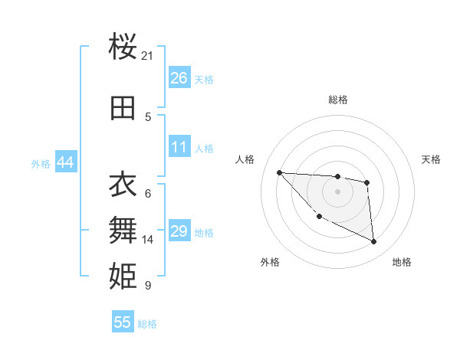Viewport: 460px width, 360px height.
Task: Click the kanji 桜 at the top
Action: coord(123,48)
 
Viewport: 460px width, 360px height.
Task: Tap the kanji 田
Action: coord(123,109)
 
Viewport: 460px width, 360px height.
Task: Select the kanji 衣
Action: coord(123,185)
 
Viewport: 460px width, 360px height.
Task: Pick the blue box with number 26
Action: coord(179,77)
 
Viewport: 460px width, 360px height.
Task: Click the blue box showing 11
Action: coord(179,147)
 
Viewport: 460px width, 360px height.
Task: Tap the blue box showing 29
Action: coord(179,231)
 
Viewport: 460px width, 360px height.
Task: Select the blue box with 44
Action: coord(65,162)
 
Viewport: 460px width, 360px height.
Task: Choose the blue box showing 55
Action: coord(123,322)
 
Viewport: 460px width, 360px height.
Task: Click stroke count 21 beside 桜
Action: coord(148,56)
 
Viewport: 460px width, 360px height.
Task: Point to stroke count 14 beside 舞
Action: coord(148,240)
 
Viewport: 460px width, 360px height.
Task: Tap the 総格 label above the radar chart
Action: coord(338,100)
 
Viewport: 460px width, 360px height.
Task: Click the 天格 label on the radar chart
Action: coord(432,159)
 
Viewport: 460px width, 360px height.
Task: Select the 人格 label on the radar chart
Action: coord(245,159)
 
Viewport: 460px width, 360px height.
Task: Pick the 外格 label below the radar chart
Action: coord(270,262)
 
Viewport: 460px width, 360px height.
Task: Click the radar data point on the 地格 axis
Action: coord(374,242)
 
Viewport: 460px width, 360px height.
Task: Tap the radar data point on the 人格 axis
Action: coord(279,172)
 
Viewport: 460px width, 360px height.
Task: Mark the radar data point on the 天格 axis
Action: coord(367,182)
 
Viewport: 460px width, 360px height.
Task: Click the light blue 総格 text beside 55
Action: coord(147,324)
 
